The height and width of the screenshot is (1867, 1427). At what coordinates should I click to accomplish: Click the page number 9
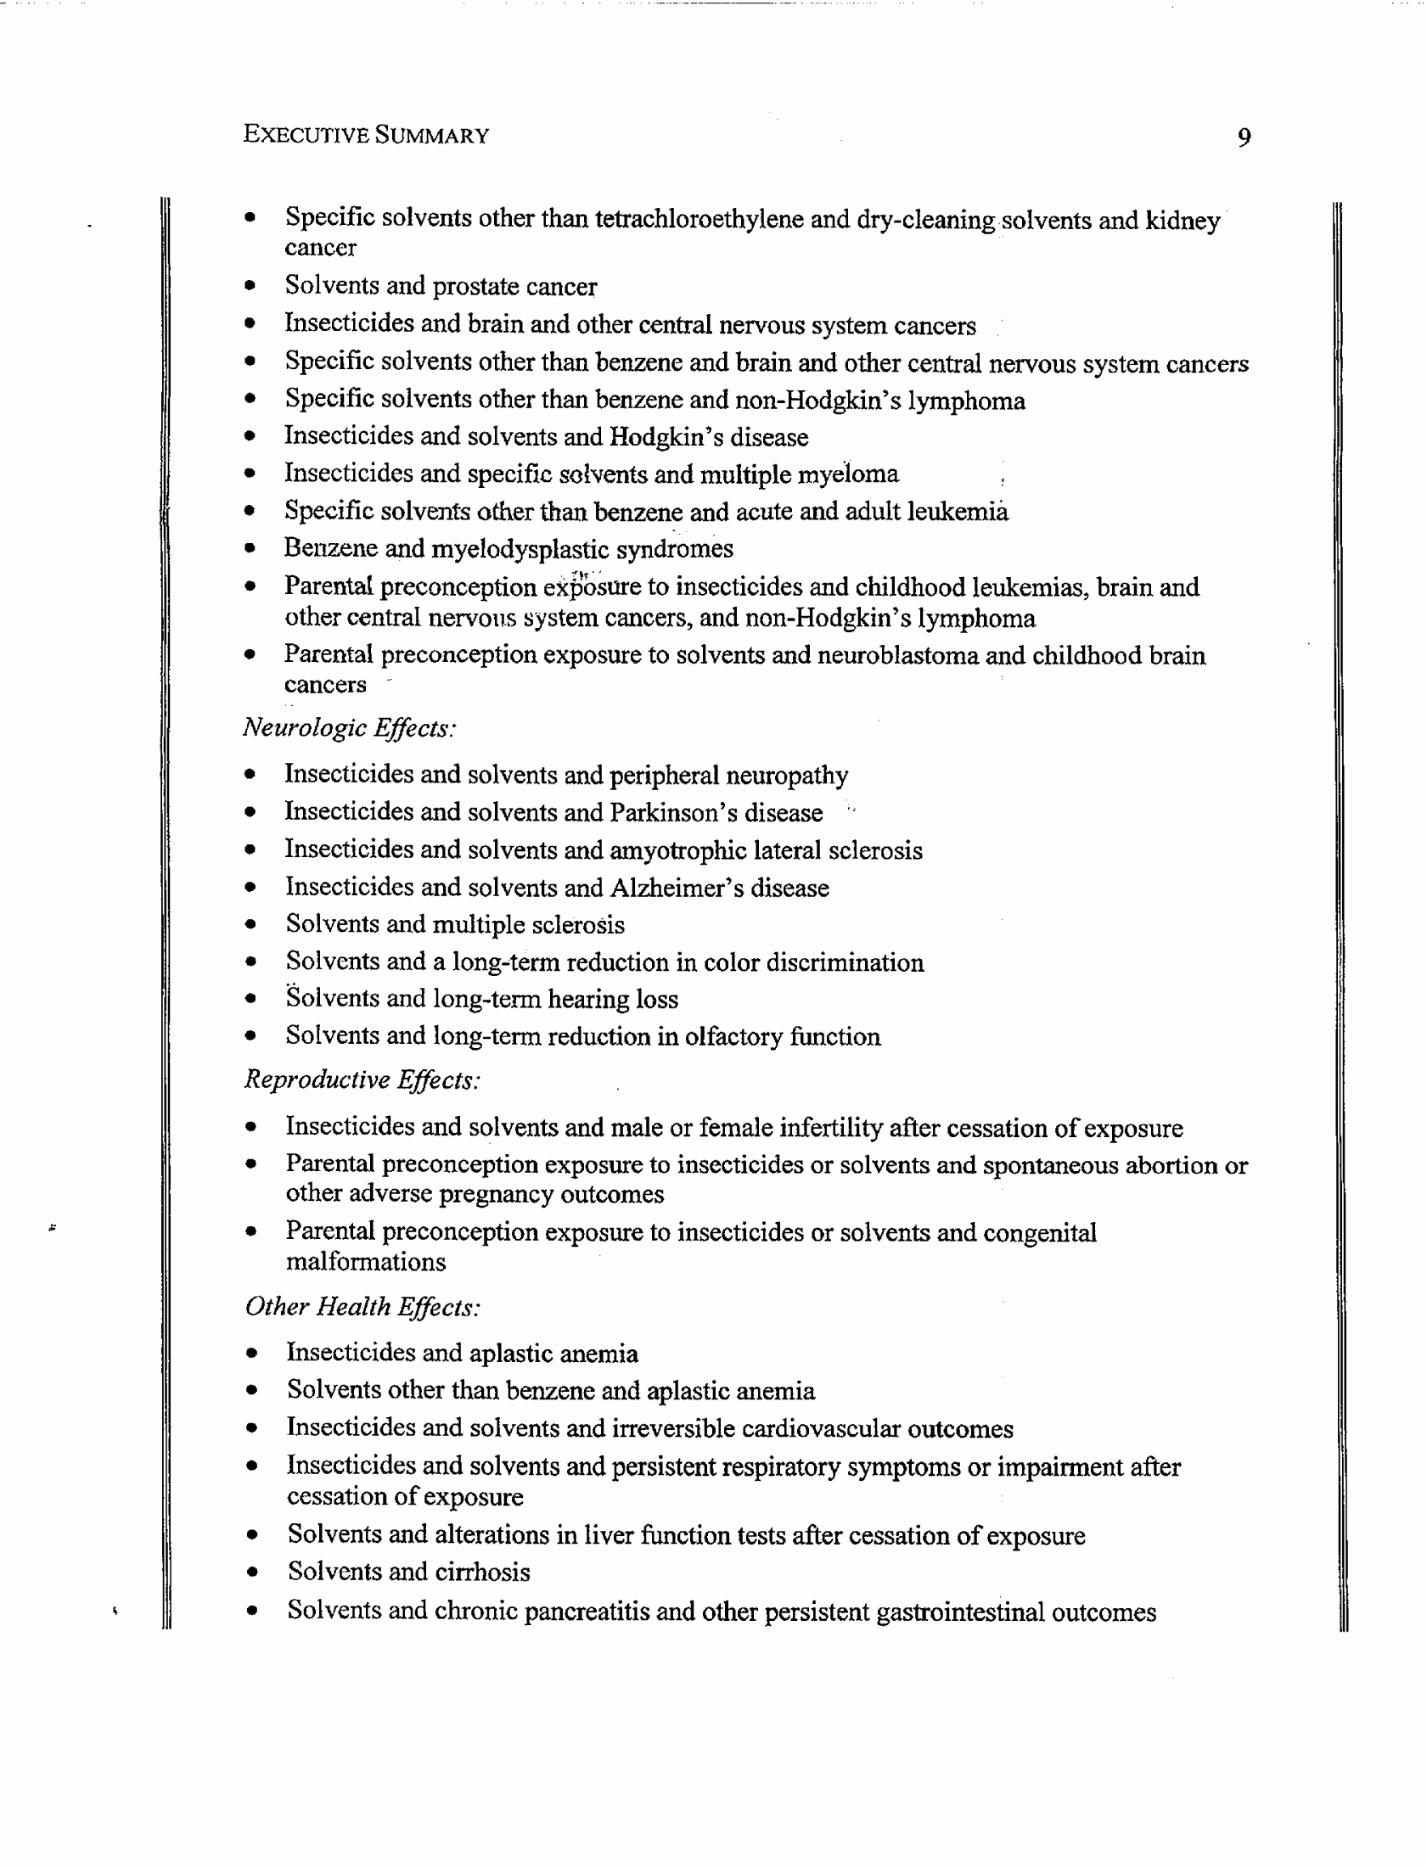pyautogui.click(x=1244, y=137)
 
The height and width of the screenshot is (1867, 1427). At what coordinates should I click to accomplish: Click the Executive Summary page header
pyautogui.click(x=365, y=135)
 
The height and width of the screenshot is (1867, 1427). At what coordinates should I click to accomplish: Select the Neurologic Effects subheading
pyautogui.click(x=350, y=728)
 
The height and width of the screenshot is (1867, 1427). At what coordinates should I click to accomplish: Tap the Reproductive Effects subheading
pyautogui.click(x=362, y=1080)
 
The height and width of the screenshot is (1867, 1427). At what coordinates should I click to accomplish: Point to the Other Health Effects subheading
pyautogui.click(x=362, y=1306)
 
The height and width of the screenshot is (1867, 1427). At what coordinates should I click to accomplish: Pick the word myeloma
pyautogui.click(x=848, y=474)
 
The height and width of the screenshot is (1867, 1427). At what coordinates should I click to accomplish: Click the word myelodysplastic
pyautogui.click(x=520, y=549)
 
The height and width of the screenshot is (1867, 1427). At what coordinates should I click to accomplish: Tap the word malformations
pyautogui.click(x=365, y=1262)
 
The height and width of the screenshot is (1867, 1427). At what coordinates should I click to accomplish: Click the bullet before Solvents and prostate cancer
pyautogui.click(x=250, y=287)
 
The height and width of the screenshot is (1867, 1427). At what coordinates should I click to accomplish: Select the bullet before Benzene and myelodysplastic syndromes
pyautogui.click(x=250, y=548)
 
